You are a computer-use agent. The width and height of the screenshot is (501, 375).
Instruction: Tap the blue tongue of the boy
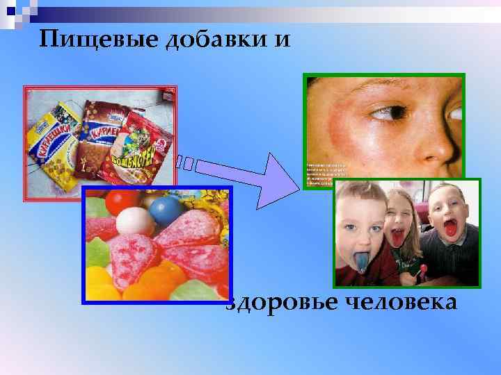click(x=363, y=260)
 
